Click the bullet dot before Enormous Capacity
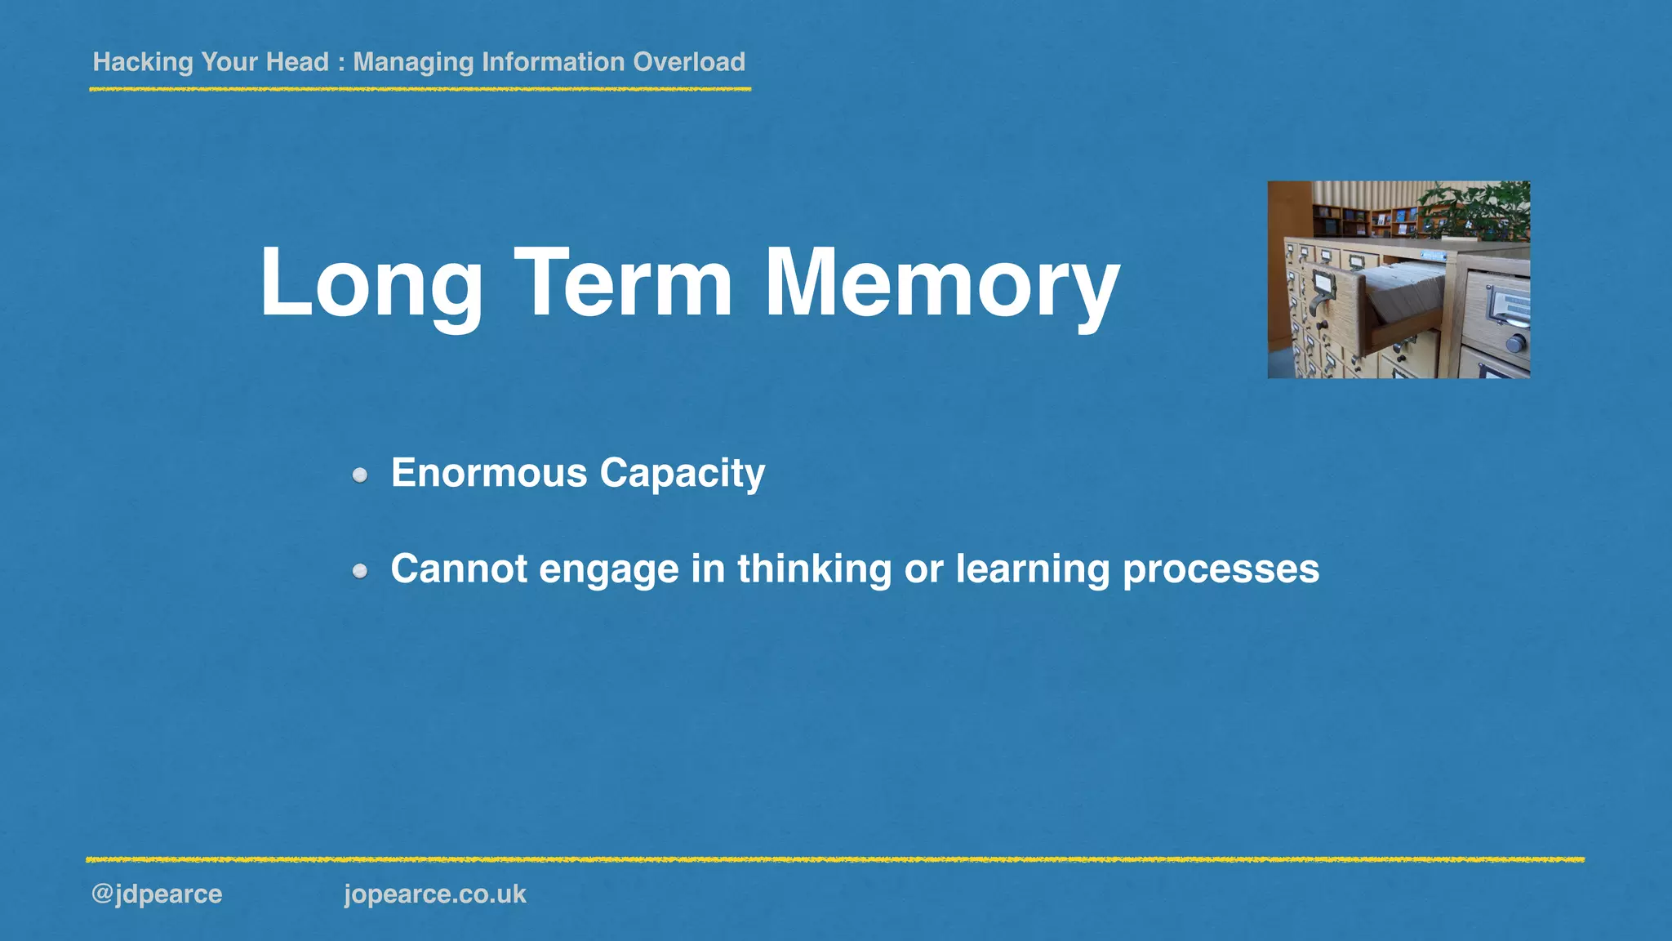pyautogui.click(x=360, y=475)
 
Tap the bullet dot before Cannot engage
pyautogui.click(x=360, y=571)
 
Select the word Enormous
pyautogui.click(x=489, y=473)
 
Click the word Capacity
pyautogui.click(x=683, y=473)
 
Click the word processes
pyautogui.click(x=1221, y=569)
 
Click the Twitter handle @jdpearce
pyautogui.click(x=157, y=894)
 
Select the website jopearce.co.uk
pyautogui.click(x=435, y=894)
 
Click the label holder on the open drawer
pyautogui.click(x=1322, y=286)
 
